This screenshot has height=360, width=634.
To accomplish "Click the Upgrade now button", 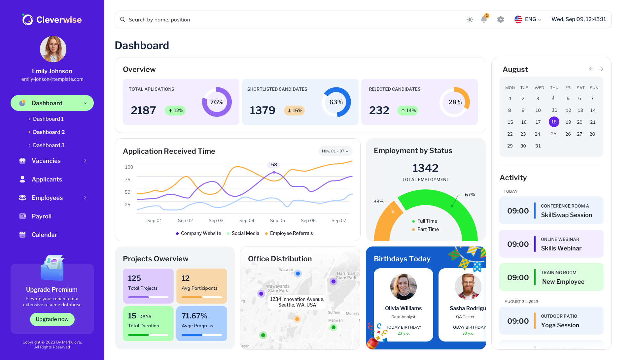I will [x=52, y=319].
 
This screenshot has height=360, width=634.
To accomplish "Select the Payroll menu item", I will [x=41, y=216].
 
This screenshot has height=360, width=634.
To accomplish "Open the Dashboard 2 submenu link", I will [x=49, y=132].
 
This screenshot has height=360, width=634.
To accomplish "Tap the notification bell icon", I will [x=484, y=19].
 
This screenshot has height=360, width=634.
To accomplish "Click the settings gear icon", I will [x=501, y=19].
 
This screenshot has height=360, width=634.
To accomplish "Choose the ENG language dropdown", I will [x=528, y=19].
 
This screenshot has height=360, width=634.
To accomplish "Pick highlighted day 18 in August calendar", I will [x=554, y=122].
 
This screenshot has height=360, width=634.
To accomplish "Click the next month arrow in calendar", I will [x=601, y=69].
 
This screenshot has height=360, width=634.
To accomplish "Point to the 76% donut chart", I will [x=217, y=102].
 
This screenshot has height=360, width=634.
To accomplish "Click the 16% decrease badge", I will [x=295, y=111].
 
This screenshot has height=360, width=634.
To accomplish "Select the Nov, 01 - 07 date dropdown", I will [x=335, y=151].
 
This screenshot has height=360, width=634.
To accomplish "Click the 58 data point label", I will [x=274, y=165].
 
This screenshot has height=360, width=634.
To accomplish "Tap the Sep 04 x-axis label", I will [x=247, y=220].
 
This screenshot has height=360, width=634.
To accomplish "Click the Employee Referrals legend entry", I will [x=291, y=233].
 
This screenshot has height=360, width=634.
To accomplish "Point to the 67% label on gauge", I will [x=470, y=195].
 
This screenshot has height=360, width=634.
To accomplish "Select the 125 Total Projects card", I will [x=148, y=286].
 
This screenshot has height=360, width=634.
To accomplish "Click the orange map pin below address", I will [x=297, y=319].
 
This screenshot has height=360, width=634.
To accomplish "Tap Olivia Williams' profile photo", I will [x=403, y=286].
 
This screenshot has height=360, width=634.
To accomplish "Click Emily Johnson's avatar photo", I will [x=53, y=49].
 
